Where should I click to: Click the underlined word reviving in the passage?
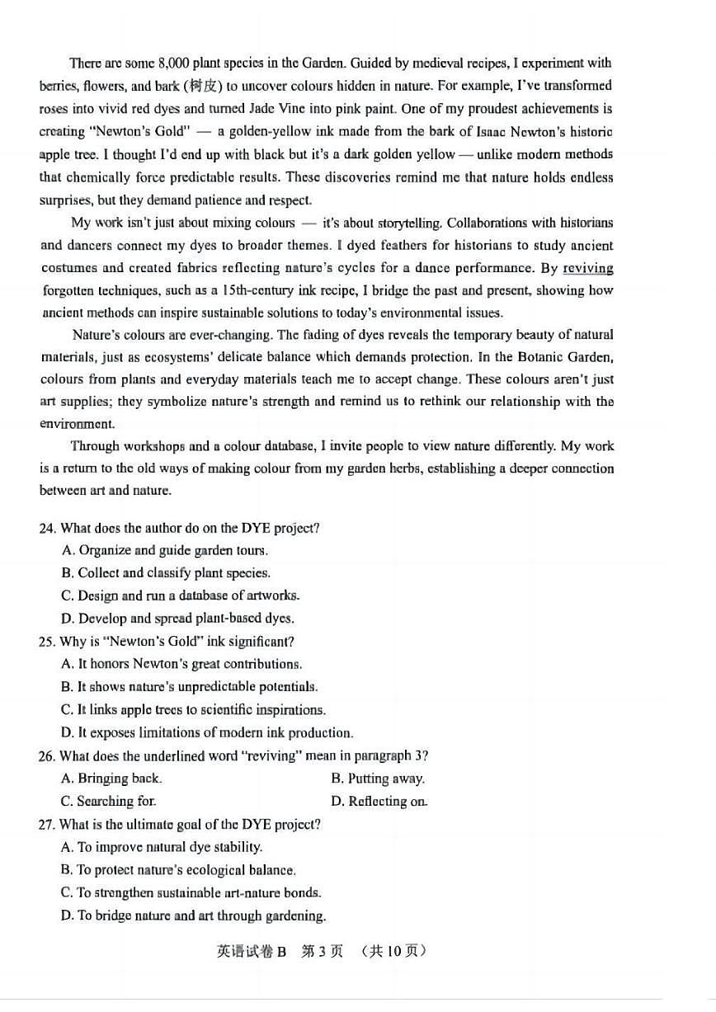click(588, 268)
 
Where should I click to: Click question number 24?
click(48, 528)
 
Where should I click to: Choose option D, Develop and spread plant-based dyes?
click(177, 618)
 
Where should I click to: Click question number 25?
click(48, 641)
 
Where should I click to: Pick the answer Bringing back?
click(111, 778)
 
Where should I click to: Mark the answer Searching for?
click(108, 801)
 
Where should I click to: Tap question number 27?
click(48, 824)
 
